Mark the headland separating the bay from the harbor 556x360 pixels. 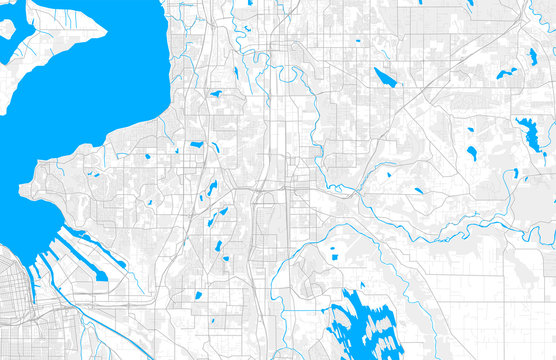click(45, 190)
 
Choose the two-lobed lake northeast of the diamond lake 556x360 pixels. click(507, 73)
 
